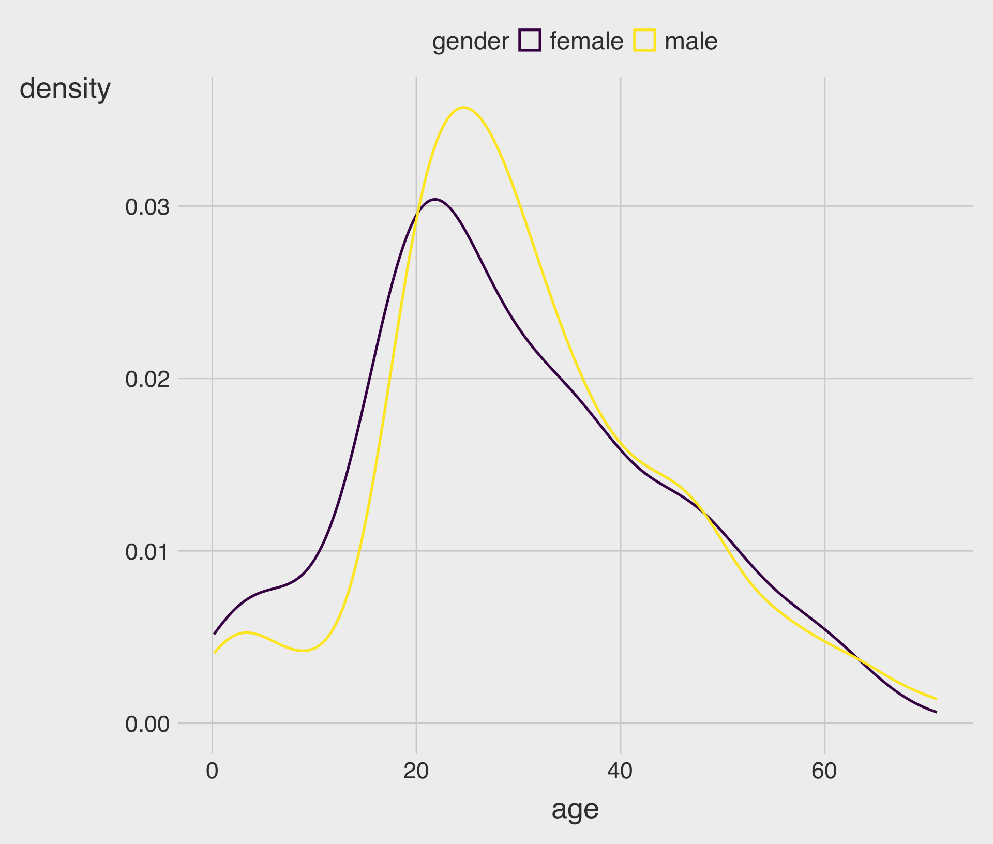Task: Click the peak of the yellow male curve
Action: (x=463, y=108)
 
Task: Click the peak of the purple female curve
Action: (x=435, y=199)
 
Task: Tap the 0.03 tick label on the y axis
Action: (x=147, y=207)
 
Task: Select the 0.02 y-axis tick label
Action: (x=147, y=380)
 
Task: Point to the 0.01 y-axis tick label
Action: (x=147, y=552)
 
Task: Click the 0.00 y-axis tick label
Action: (x=147, y=724)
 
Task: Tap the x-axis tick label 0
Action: (x=212, y=771)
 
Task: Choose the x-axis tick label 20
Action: (x=416, y=771)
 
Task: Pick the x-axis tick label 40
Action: (x=620, y=771)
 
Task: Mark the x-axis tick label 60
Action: (x=824, y=771)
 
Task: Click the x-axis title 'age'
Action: (x=575, y=809)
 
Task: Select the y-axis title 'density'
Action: (x=65, y=89)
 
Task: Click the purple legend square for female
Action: (x=530, y=40)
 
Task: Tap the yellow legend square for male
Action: (x=644, y=40)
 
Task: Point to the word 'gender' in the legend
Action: (x=470, y=41)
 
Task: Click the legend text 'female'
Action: (x=586, y=41)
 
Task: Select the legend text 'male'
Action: (x=691, y=41)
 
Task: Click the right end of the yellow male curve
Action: (x=936, y=699)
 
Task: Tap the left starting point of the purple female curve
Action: (x=214, y=634)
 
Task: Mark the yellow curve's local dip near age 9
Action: (x=304, y=651)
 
